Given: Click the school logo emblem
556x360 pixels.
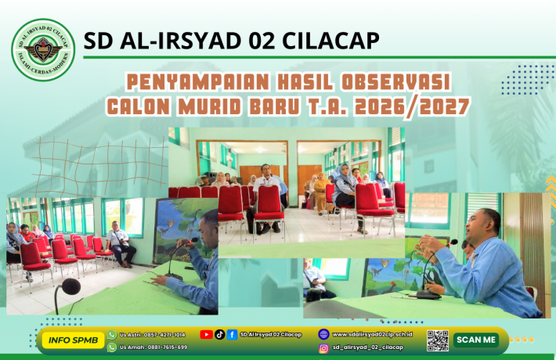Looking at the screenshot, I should click(x=43, y=50).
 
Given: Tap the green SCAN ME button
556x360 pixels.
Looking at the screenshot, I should click(x=476, y=340).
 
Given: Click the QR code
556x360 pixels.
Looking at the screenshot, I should click(x=438, y=340).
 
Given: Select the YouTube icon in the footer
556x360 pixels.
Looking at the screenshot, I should click(x=206, y=334).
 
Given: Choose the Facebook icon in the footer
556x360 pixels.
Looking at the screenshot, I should click(x=233, y=334).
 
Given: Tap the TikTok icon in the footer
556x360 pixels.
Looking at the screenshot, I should click(x=219, y=334).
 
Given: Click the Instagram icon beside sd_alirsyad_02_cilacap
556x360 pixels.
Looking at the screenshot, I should click(x=323, y=347).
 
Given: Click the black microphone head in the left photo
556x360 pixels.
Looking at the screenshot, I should click(x=67, y=287).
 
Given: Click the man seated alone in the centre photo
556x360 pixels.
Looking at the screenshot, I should click(x=269, y=196).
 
